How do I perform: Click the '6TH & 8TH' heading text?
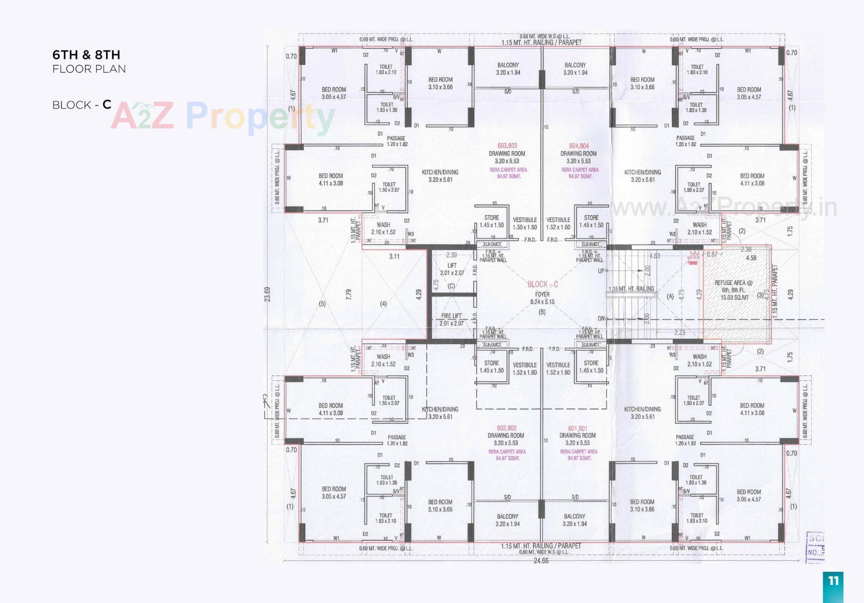coord(86,55)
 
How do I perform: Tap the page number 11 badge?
coord(833,581)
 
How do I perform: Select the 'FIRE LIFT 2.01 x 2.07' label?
coord(451,319)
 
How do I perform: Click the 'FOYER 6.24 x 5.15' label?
coord(542,298)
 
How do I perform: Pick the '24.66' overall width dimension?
coord(541,561)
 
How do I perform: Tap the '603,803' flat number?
coord(507,146)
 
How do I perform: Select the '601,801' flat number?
coord(578,428)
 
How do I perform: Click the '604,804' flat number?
coord(579,146)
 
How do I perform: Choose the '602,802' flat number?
coord(507,428)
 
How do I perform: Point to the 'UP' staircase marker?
coord(601,271)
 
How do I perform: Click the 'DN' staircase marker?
coord(601,319)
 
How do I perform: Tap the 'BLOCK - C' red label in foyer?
coord(543,284)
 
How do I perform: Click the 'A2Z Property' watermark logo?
coord(223,116)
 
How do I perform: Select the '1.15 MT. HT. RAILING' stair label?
coord(631,289)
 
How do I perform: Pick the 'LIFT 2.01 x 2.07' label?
coord(452,269)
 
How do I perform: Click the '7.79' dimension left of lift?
coord(348,295)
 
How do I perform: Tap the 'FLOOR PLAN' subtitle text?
coord(89,69)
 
